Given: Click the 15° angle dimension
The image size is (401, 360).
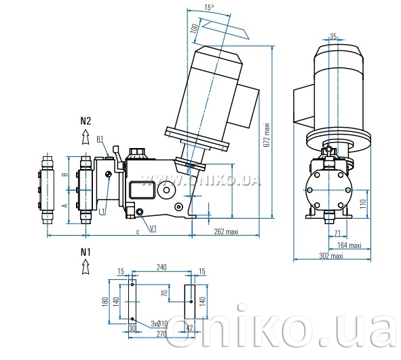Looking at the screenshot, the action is [x=209, y=7].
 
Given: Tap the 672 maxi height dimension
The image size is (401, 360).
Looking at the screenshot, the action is [x=267, y=135].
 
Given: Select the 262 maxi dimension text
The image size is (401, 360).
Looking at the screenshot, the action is [x=226, y=232].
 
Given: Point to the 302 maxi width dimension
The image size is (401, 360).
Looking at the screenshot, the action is [x=331, y=255].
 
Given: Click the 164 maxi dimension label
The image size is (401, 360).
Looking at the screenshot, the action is [x=349, y=245].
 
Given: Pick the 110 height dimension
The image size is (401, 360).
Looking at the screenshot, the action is [x=363, y=204].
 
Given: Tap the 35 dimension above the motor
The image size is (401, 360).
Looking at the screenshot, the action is [x=333, y=37].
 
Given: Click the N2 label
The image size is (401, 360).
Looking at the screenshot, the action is [x=85, y=121].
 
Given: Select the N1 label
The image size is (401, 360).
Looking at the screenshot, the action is [x=85, y=252].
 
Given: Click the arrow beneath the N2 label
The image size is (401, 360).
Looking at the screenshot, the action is [x=85, y=137].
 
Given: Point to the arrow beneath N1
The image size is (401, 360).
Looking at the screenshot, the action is [x=85, y=266].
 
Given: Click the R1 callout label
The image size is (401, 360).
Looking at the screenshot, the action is [x=100, y=139].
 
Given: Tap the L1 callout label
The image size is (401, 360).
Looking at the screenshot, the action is [x=102, y=211].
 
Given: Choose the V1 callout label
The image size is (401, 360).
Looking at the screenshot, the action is [x=153, y=228].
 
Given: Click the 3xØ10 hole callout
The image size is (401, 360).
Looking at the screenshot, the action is [x=159, y=323].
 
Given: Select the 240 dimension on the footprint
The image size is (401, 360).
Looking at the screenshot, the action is [x=161, y=268].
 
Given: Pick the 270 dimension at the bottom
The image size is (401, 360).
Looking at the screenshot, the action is [x=161, y=334].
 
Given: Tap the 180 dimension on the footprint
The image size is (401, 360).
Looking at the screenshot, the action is [x=105, y=302].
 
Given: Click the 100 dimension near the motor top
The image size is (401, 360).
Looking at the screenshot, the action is [x=194, y=28].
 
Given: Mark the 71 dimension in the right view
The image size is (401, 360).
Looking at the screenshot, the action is [x=338, y=233].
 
